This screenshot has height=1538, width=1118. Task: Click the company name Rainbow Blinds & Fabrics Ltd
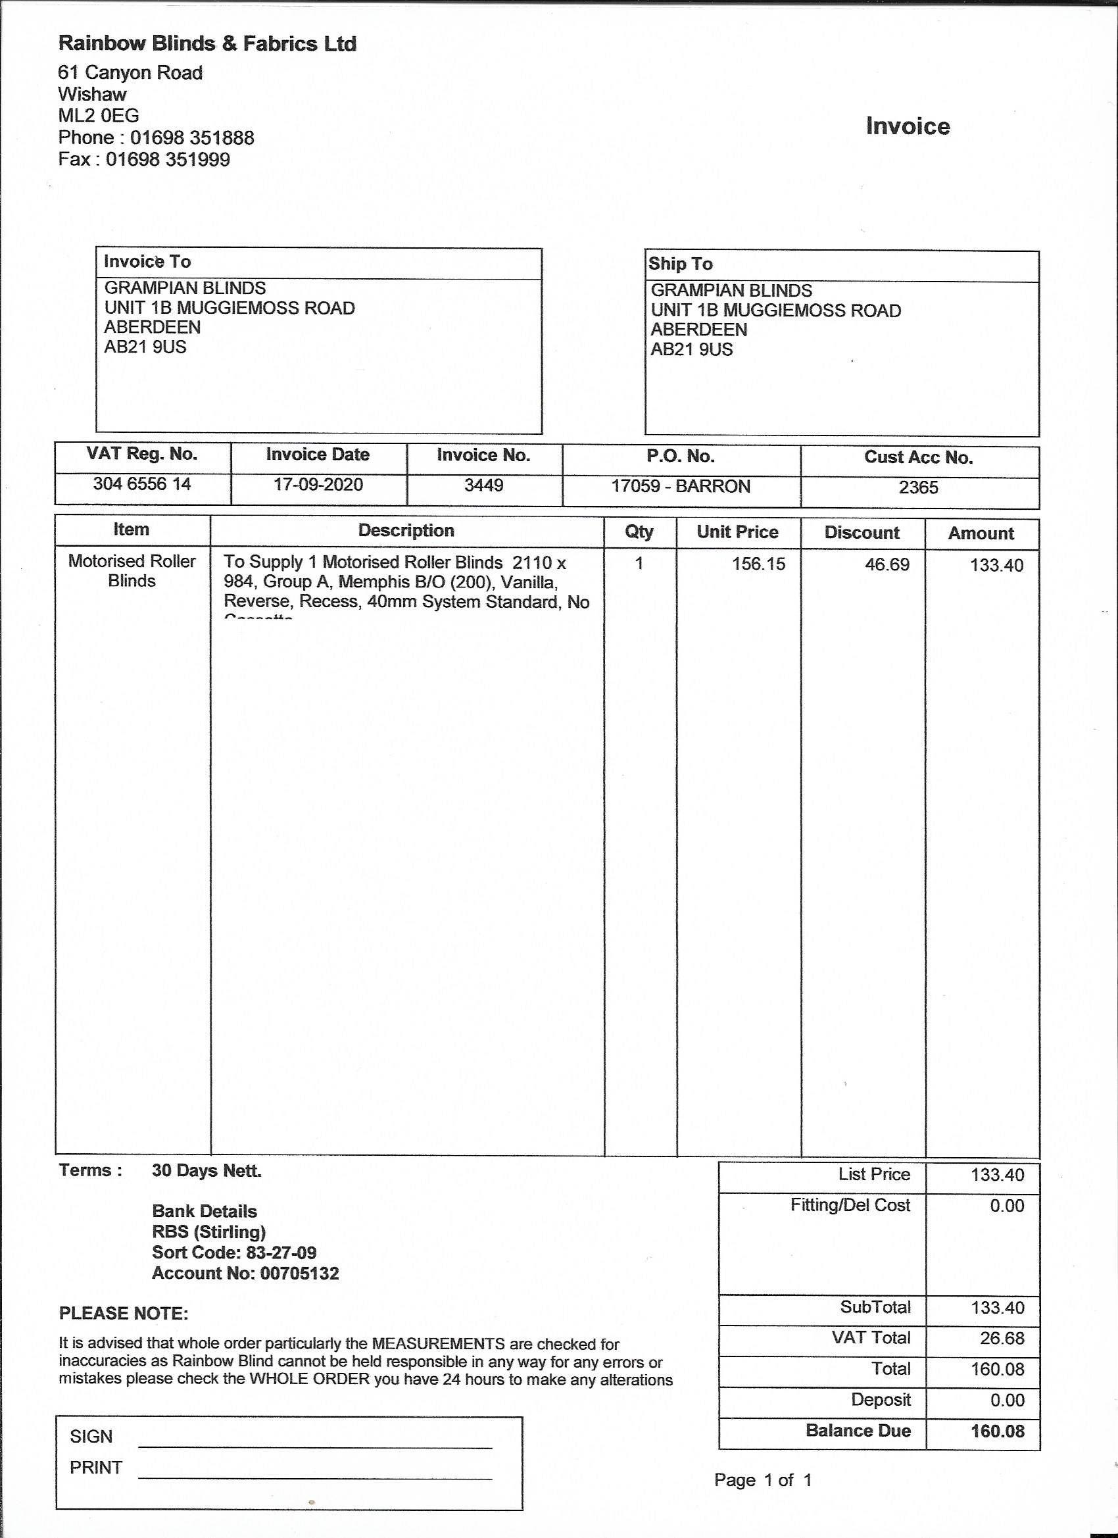(x=207, y=44)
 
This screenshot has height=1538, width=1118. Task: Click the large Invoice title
(x=907, y=127)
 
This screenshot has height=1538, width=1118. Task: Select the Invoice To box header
(x=147, y=262)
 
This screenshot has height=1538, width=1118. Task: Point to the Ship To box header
(x=680, y=264)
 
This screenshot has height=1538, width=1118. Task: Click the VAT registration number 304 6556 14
(x=141, y=484)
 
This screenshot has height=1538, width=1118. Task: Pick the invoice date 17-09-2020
(x=318, y=485)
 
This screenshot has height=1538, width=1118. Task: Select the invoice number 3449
(x=483, y=485)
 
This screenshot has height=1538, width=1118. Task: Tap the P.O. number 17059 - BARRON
(x=681, y=487)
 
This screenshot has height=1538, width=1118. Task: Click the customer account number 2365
(x=918, y=488)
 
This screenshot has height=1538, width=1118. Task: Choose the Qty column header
(x=639, y=532)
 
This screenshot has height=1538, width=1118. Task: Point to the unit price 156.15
(x=758, y=564)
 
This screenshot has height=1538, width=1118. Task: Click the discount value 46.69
(x=887, y=565)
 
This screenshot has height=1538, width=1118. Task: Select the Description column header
(x=406, y=531)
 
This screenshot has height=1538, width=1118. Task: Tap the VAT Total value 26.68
(x=1002, y=1339)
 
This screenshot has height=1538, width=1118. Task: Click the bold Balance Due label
(x=858, y=1431)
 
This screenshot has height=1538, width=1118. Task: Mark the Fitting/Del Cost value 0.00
(x=1007, y=1206)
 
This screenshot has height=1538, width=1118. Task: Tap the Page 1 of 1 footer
(x=763, y=1480)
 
